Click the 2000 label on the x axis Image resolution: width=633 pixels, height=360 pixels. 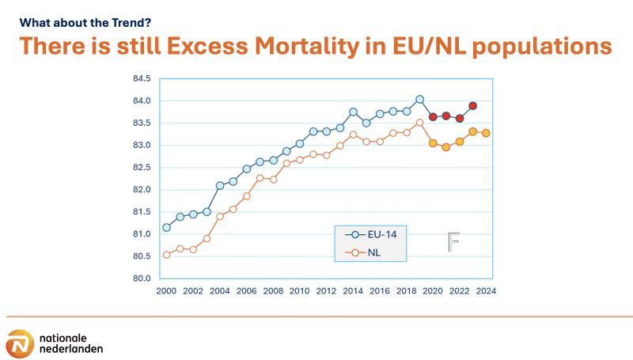pos(166,291)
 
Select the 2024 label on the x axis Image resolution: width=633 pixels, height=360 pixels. pos(486,291)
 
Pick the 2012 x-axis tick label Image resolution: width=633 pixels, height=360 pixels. pos(326,291)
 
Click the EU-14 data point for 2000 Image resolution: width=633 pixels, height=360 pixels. pos(166,227)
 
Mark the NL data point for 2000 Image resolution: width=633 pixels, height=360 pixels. pos(166,255)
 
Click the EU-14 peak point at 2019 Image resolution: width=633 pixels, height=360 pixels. pos(419,100)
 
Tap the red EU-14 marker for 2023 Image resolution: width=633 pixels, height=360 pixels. pos(472,105)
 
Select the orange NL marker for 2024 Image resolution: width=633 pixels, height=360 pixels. pos(486,133)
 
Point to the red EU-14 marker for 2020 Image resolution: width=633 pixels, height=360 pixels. pos(433,116)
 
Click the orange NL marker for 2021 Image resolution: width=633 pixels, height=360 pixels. pos(446,147)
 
